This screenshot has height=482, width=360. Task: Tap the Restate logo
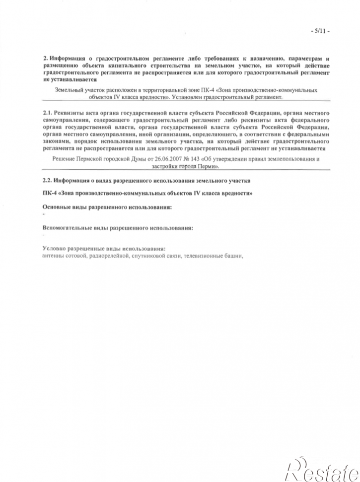(x=321, y=469)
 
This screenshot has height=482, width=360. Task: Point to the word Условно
(x=55, y=248)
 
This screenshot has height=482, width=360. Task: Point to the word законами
(x=56, y=141)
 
